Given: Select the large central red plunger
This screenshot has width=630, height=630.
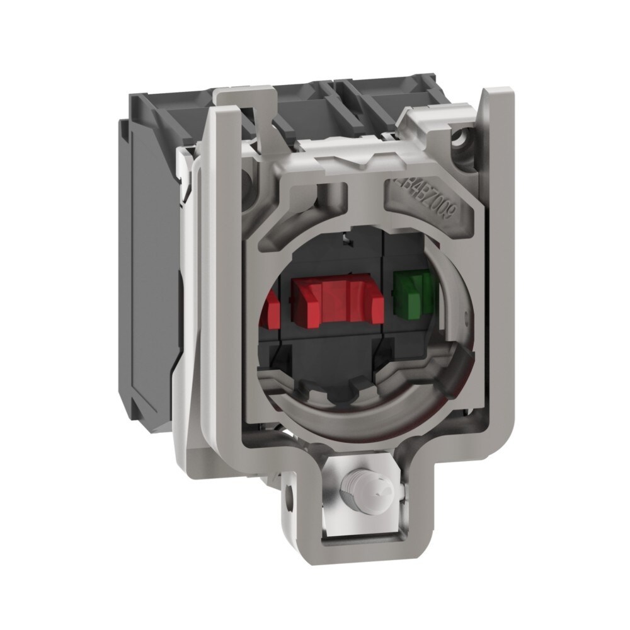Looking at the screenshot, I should (338, 301).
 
